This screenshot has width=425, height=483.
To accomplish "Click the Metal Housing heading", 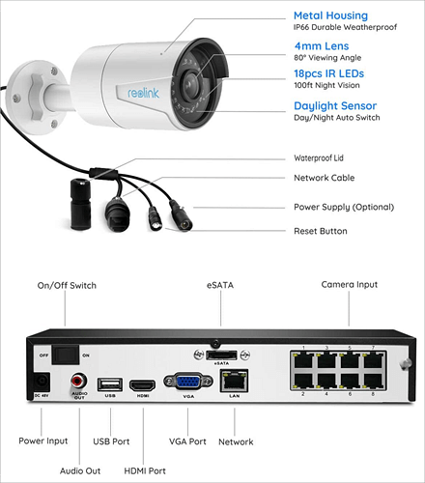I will tap(329, 15).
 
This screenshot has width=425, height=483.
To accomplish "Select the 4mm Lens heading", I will tap(321, 44).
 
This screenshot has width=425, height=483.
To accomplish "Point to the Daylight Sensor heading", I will tap(334, 105).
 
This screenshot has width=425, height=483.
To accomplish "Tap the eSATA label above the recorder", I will tap(219, 286).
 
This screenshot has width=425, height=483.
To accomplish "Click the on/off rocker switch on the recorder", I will tap(65, 354).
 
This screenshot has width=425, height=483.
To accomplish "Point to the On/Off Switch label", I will tap(67, 286).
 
